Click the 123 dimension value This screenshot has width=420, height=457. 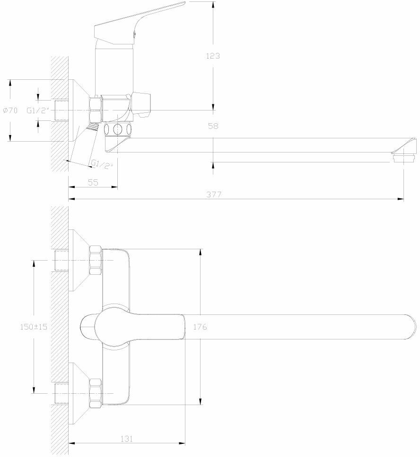point(213,56)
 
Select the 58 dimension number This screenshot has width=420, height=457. point(213,126)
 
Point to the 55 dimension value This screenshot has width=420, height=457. point(93,183)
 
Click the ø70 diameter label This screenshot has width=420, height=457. point(10,110)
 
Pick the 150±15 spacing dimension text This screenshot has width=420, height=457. point(34,326)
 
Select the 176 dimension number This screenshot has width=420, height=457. point(201,326)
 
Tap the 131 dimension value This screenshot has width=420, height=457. point(126,439)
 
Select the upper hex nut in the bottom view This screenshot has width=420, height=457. point(96,261)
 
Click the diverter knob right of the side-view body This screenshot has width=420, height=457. point(143,104)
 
